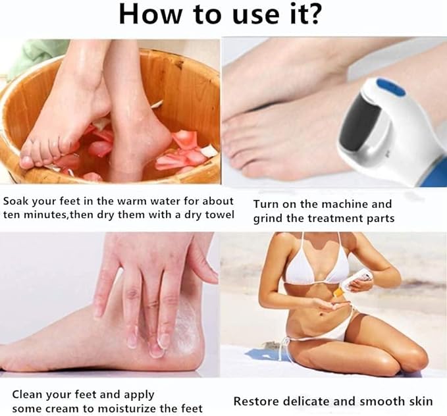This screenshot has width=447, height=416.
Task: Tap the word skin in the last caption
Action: click(x=419, y=401)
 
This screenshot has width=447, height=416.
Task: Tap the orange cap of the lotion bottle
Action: click(x=338, y=290)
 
